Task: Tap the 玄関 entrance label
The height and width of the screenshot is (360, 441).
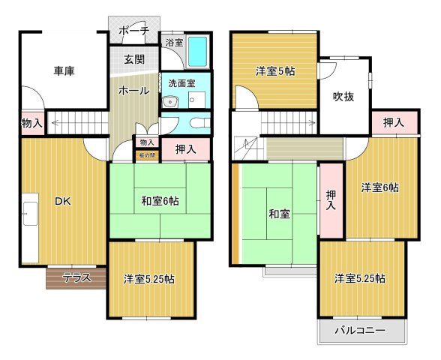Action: [135, 59]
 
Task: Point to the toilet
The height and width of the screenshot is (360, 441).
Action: [196, 124]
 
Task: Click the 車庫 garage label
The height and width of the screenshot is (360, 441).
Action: [64, 71]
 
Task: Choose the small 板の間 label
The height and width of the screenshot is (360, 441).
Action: [146, 155]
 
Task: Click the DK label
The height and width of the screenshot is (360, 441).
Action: [62, 200]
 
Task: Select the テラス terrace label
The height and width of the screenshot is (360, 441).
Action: [76, 277]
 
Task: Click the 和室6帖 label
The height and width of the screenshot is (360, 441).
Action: [160, 200]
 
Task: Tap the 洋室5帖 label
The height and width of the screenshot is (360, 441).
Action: [276, 71]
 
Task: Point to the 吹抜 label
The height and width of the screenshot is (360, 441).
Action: [344, 96]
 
